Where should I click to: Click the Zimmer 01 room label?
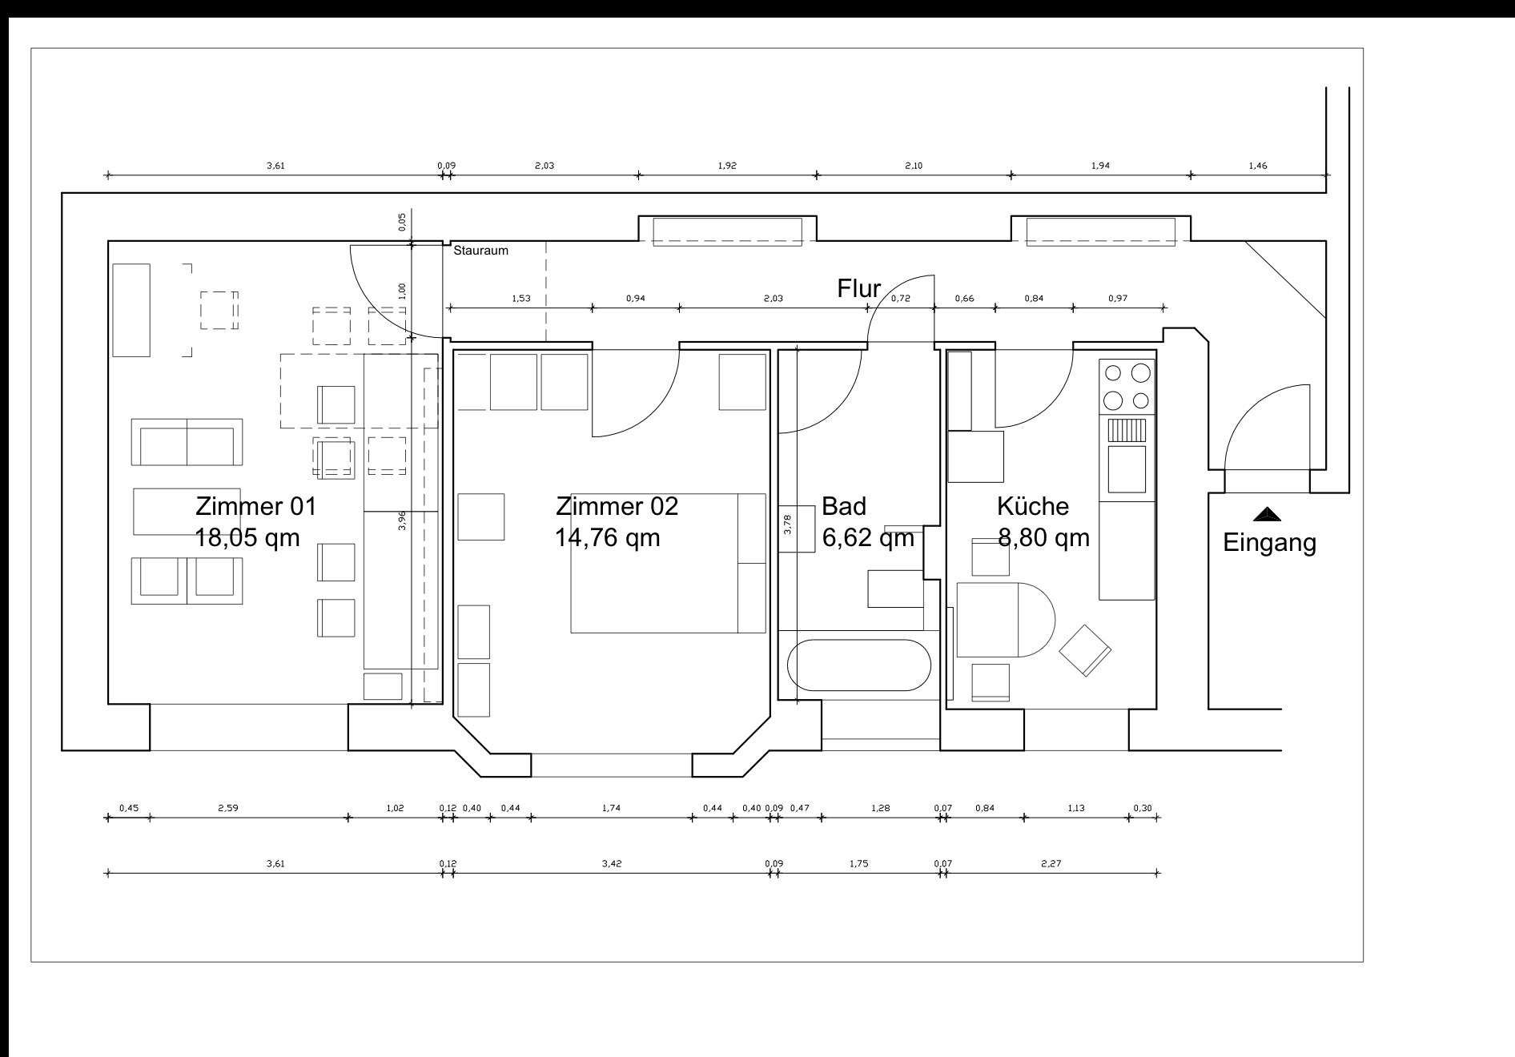256,506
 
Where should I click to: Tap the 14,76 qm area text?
608,537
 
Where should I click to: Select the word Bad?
844,506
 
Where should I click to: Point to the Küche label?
1033,506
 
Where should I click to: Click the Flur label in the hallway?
859,288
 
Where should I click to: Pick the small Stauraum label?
480,251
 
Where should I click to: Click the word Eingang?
1269,543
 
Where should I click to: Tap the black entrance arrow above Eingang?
1267,514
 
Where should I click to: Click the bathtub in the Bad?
859,665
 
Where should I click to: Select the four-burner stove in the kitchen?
1127,386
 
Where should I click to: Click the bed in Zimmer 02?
669,563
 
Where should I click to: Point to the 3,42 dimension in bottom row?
612,863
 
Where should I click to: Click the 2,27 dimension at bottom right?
1051,863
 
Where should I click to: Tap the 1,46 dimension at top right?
1257,166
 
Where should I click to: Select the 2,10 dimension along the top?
914,166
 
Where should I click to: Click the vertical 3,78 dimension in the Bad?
787,524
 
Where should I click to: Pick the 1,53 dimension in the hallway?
520,299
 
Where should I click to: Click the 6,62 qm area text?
868,537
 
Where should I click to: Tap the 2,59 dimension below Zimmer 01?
228,808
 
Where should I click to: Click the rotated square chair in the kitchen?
1085,650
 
